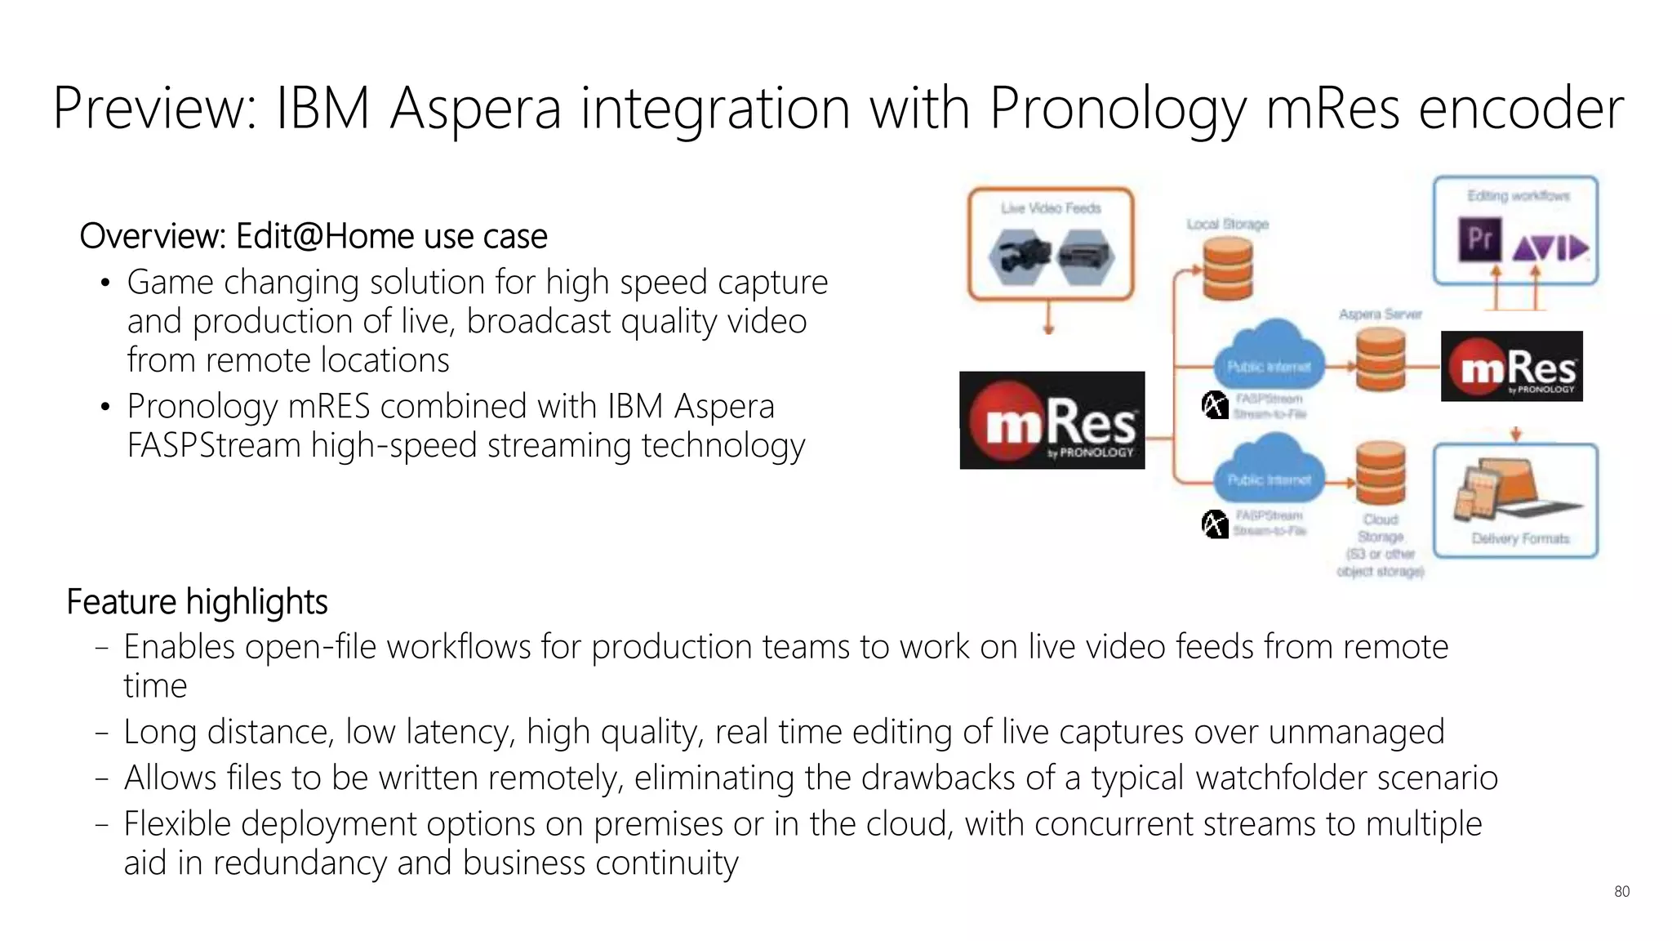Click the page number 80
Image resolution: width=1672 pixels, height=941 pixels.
tap(1621, 891)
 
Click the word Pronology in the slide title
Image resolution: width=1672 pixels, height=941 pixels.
tap(1118, 109)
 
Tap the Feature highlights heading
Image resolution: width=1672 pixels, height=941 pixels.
tap(197, 602)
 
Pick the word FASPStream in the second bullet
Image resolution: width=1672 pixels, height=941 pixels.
tap(214, 446)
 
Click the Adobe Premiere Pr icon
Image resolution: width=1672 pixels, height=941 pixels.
tap(1479, 239)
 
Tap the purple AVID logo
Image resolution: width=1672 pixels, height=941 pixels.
tap(1550, 247)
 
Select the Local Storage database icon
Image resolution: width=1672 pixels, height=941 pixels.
tap(1227, 269)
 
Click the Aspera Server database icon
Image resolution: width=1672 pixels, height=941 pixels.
tap(1380, 359)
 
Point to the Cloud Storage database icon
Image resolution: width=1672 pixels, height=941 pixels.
tap(1380, 473)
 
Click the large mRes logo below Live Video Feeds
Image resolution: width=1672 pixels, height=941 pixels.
tap(1052, 420)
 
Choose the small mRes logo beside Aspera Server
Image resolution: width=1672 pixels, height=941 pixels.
tap(1511, 366)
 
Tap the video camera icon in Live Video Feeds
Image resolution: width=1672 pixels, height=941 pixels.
tap(1017, 256)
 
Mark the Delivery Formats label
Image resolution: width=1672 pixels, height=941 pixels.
tap(1520, 538)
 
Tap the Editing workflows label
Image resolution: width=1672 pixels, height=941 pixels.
tap(1518, 196)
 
